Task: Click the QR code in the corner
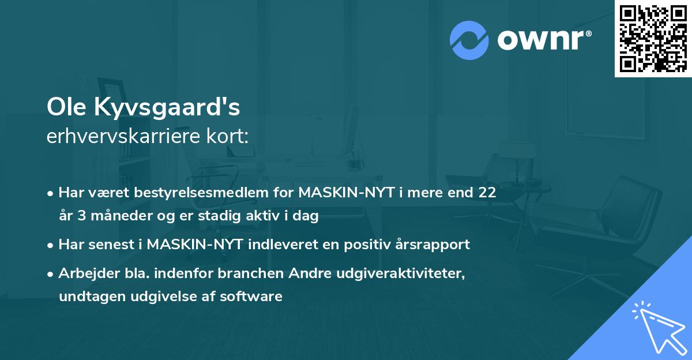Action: [x=653, y=39]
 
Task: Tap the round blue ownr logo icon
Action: [x=469, y=40]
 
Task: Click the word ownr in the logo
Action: [x=544, y=40]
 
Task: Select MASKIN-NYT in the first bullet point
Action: [x=339, y=193]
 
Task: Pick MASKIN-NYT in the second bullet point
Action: [x=197, y=245]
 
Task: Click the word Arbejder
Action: [x=85, y=274]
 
